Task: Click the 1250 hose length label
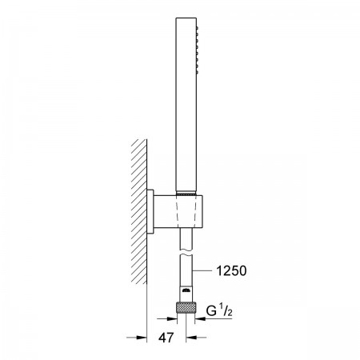coord(231,271)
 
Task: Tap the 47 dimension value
coord(166,338)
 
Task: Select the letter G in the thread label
coord(211,311)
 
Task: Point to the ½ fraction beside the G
coord(226,311)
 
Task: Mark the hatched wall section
coord(139,211)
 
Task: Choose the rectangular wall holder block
coord(178,212)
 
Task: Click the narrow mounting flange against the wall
coord(150,212)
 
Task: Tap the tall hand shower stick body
coord(186,104)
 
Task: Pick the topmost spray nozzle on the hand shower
coord(198,27)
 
